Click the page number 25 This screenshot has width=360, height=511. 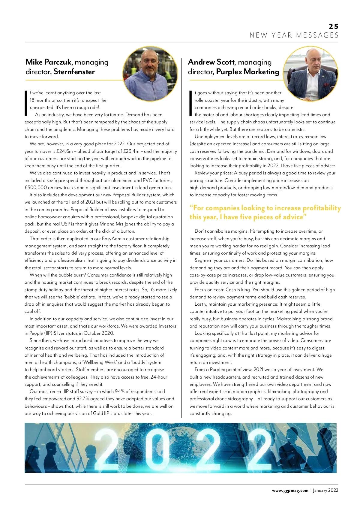click(333, 26)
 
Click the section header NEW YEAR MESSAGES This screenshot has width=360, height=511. click(294, 35)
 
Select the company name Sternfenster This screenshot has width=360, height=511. click(74, 72)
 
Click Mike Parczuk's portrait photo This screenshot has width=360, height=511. click(150, 74)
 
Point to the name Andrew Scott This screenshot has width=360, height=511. click(211, 62)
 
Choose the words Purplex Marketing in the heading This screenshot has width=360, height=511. click(247, 72)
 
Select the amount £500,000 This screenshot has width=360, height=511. click(36, 188)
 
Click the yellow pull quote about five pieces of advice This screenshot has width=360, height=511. click(265, 212)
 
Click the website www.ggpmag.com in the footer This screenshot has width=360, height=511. click(290, 491)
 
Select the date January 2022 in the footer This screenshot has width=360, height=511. click(325, 491)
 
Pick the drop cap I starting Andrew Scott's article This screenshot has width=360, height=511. click(190, 104)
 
